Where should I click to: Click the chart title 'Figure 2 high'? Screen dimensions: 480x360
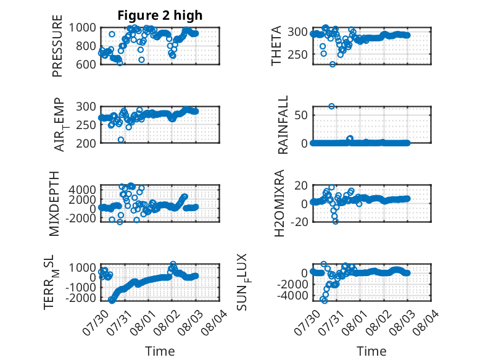coord(160,15)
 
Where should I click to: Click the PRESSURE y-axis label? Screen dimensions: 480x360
coord(57,46)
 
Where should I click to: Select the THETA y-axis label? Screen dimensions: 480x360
coord(276,46)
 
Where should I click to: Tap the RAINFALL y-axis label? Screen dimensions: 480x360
coord(283,124)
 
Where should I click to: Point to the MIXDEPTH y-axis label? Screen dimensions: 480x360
coord(54,203)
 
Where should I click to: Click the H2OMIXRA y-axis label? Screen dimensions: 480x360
coord(279,203)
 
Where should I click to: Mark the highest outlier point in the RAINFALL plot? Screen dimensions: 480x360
coord(331,106)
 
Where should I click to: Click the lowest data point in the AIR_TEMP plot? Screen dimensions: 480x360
coord(121,140)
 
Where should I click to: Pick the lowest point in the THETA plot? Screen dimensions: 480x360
coord(333,64)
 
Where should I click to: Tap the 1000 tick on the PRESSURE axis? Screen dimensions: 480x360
coord(82,28)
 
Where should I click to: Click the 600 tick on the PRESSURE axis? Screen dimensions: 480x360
coord(86,64)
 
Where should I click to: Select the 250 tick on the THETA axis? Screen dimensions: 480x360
coord(297,54)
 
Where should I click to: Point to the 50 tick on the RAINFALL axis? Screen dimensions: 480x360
coord(301,115)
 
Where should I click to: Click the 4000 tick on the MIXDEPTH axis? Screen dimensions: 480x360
coord(82,190)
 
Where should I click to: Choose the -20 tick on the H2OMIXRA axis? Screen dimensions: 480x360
coord(299,222)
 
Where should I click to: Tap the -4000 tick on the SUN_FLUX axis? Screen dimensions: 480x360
coord(292,296)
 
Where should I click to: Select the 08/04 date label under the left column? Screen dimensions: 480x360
coord(214,322)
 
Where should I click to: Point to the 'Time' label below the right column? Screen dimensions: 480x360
coord(371,351)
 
